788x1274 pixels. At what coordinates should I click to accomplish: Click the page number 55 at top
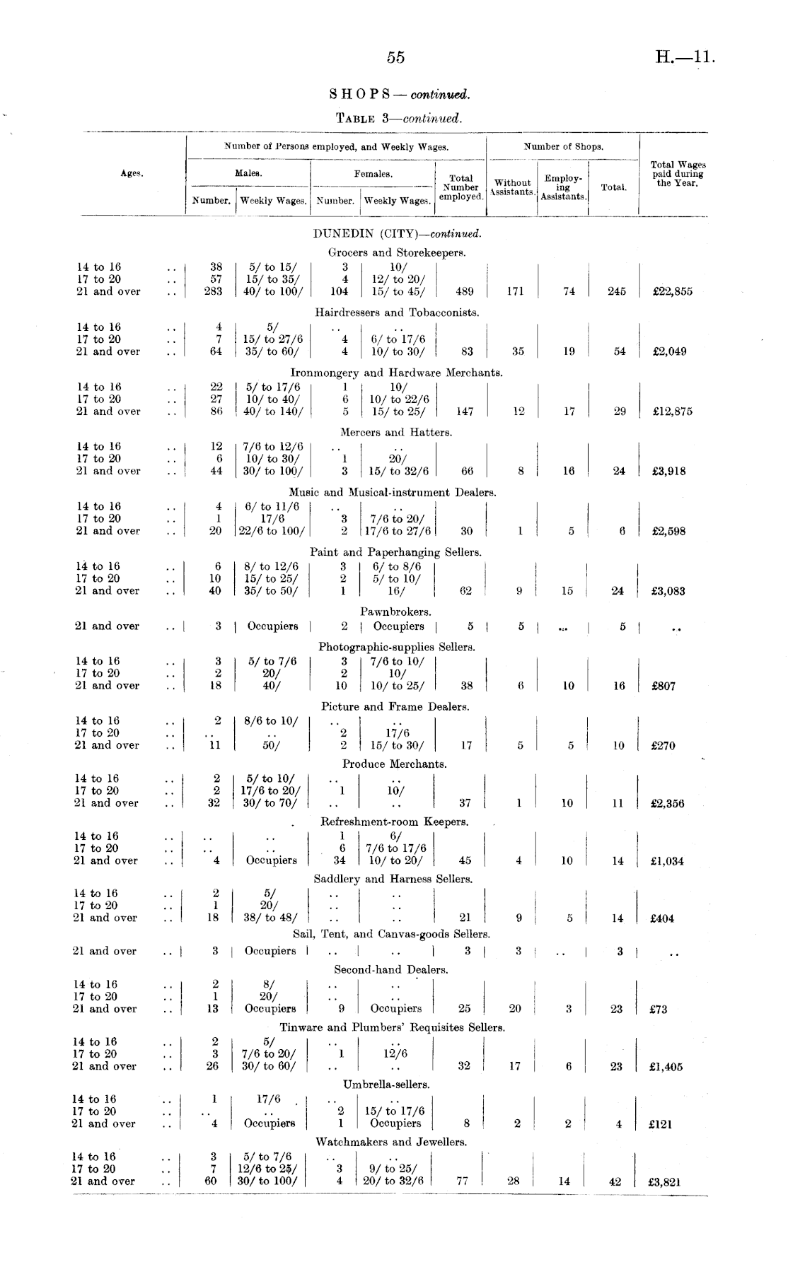point(395,58)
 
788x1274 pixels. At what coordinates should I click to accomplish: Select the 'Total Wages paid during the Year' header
point(678,173)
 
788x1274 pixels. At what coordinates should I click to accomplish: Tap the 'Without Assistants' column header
point(512,187)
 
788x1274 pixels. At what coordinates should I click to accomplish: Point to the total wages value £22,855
point(672,292)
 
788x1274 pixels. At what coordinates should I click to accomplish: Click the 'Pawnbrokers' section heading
point(395,612)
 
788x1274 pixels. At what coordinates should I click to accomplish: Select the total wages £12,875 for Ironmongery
point(672,411)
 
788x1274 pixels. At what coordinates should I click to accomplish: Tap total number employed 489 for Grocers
point(465,291)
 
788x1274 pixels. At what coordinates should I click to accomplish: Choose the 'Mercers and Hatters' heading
point(396,432)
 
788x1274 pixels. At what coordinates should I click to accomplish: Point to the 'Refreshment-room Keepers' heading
point(394,822)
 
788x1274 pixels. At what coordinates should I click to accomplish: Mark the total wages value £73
point(658,1010)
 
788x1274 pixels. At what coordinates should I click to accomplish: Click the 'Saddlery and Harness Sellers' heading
point(393,879)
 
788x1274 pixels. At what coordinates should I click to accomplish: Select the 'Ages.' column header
point(132,173)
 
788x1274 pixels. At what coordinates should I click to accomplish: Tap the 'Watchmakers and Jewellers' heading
point(391,1142)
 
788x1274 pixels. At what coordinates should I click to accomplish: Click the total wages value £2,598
point(668,531)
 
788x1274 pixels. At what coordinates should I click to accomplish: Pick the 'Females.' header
point(373,173)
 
